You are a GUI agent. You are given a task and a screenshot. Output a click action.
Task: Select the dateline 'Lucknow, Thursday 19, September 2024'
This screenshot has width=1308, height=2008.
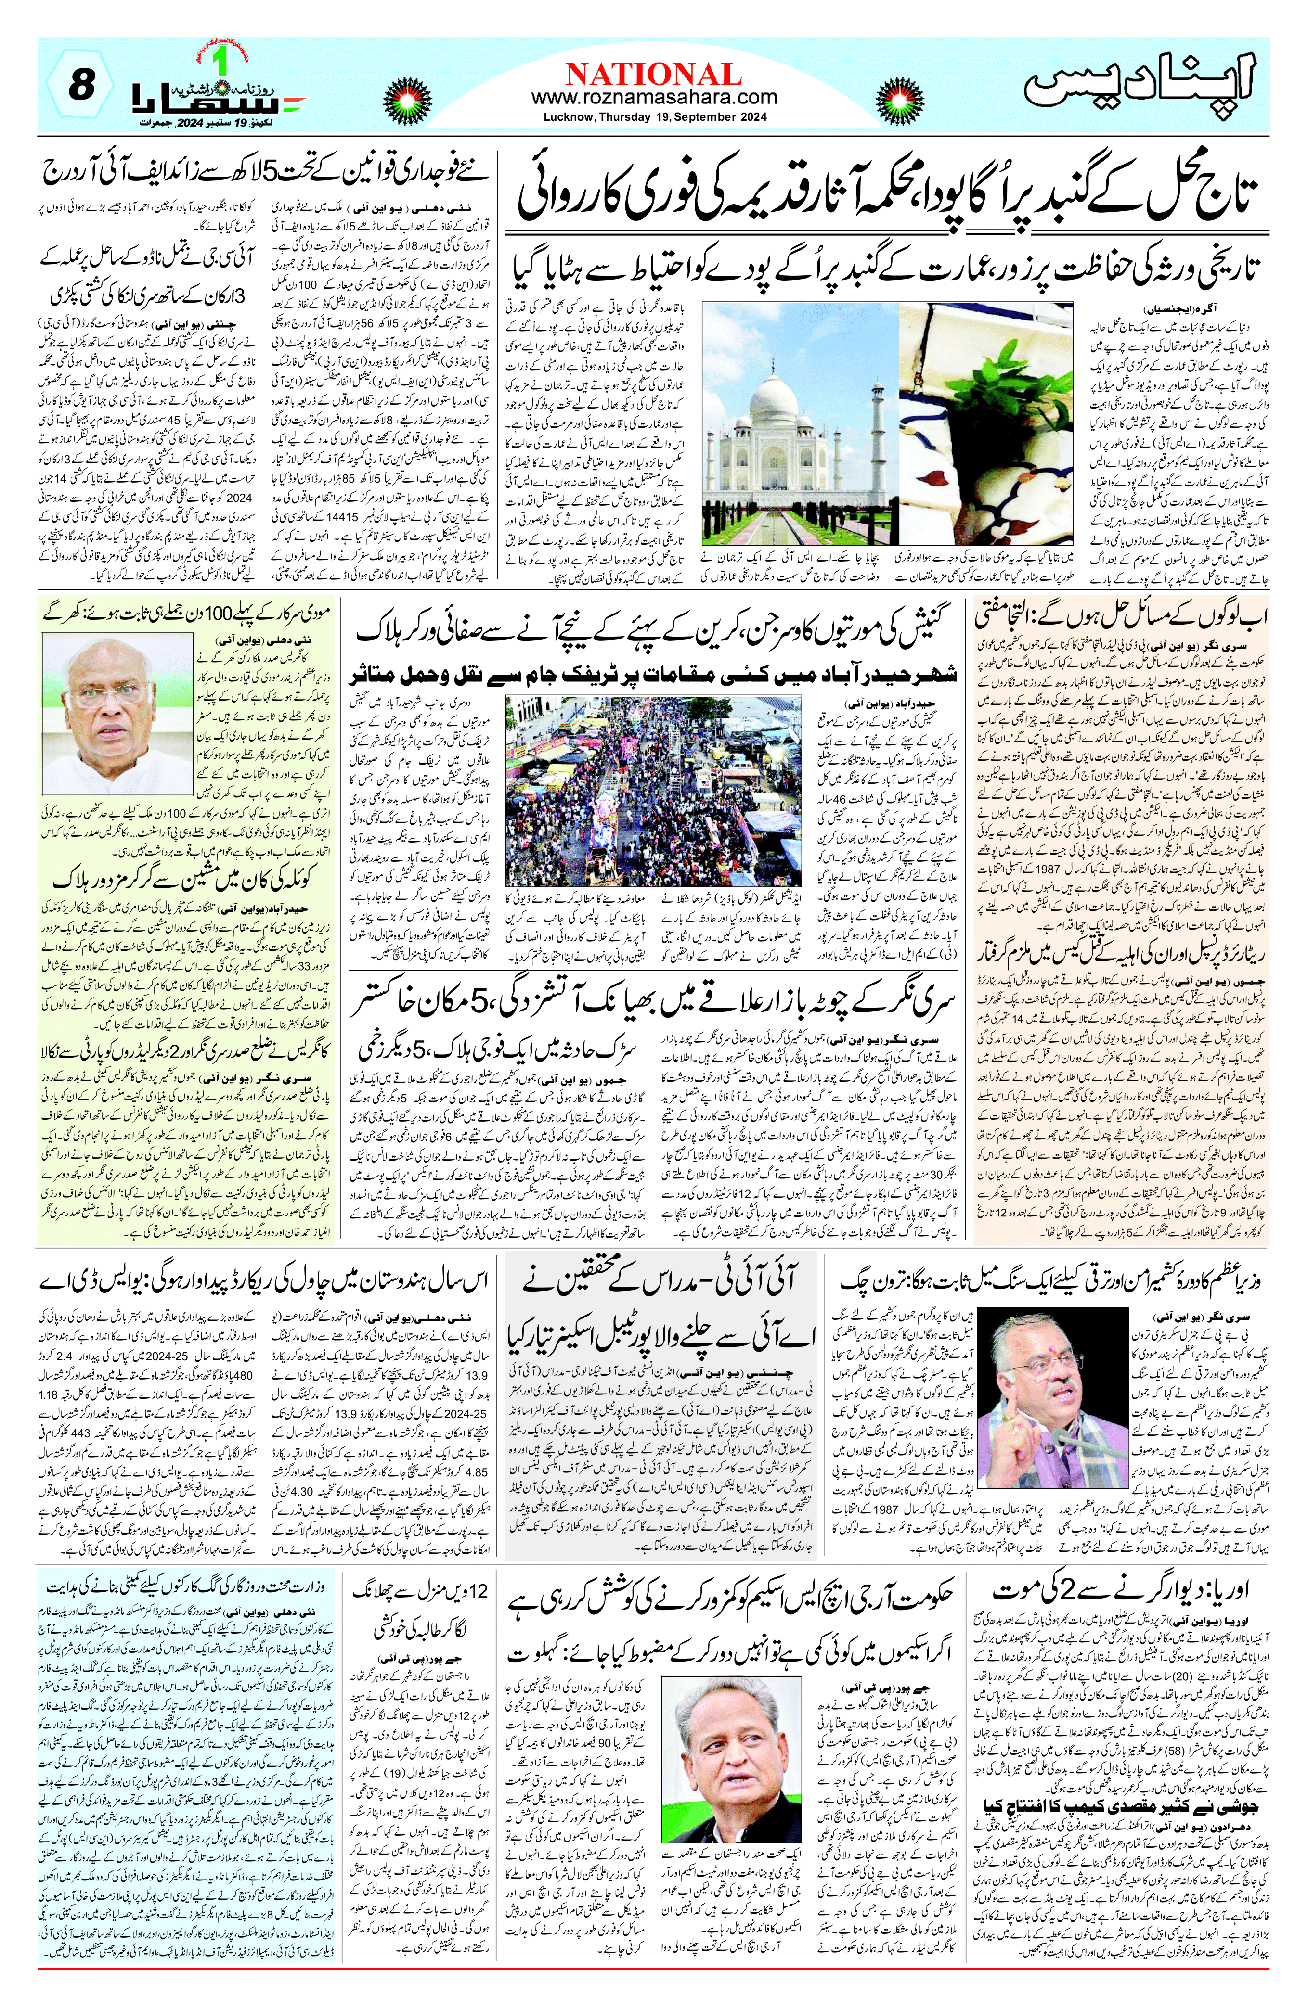[654, 118]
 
